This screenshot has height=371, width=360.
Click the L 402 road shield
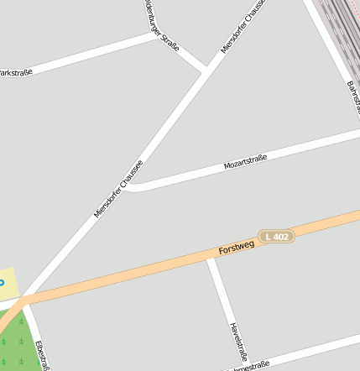coord(276,237)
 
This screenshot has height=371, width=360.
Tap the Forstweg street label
coord(236,247)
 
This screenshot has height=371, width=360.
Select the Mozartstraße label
coord(245,162)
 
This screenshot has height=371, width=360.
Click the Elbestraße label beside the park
coord(43,354)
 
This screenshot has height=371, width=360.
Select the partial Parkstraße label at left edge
coord(15,73)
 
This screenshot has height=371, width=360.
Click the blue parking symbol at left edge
coord(2,282)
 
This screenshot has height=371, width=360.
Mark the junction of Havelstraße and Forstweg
coord(211,259)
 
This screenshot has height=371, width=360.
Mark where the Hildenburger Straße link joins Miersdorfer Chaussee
coord(204,70)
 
